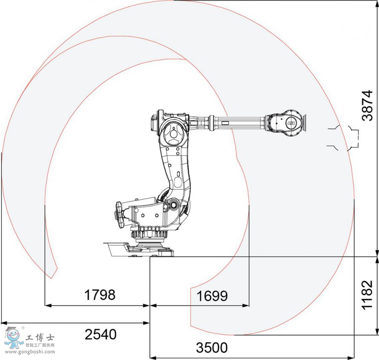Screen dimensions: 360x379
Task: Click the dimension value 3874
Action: click(x=368, y=105)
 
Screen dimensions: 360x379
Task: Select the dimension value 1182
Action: click(x=368, y=294)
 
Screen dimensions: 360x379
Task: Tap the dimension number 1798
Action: click(x=100, y=295)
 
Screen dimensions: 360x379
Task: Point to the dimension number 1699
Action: click(x=212, y=296)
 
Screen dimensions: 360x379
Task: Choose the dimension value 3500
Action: click(x=212, y=348)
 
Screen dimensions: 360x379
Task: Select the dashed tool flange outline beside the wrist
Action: click(x=343, y=137)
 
